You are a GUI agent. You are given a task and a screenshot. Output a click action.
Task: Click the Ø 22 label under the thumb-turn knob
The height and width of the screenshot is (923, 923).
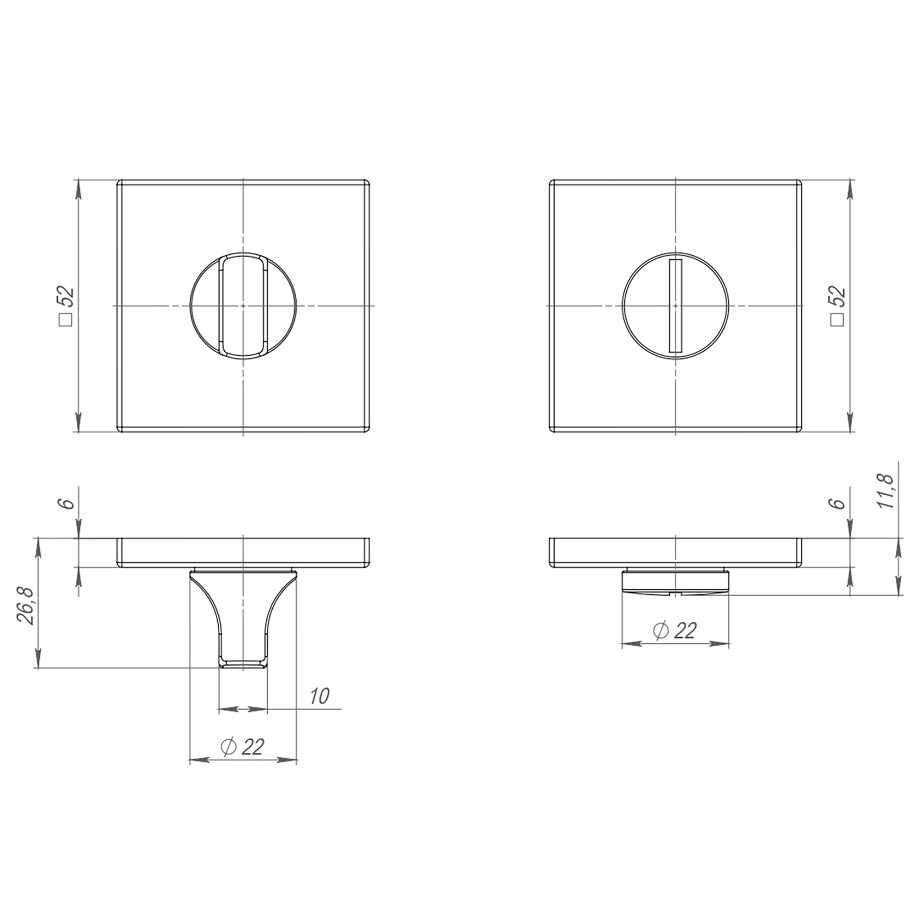pos(243,746)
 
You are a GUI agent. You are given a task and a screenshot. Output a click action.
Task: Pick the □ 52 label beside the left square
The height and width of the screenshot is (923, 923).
pos(66,306)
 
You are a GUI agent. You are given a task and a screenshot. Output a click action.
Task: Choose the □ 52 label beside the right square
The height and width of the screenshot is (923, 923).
pos(837,306)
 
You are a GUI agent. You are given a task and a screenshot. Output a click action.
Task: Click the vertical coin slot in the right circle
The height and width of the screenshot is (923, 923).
pos(676,306)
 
